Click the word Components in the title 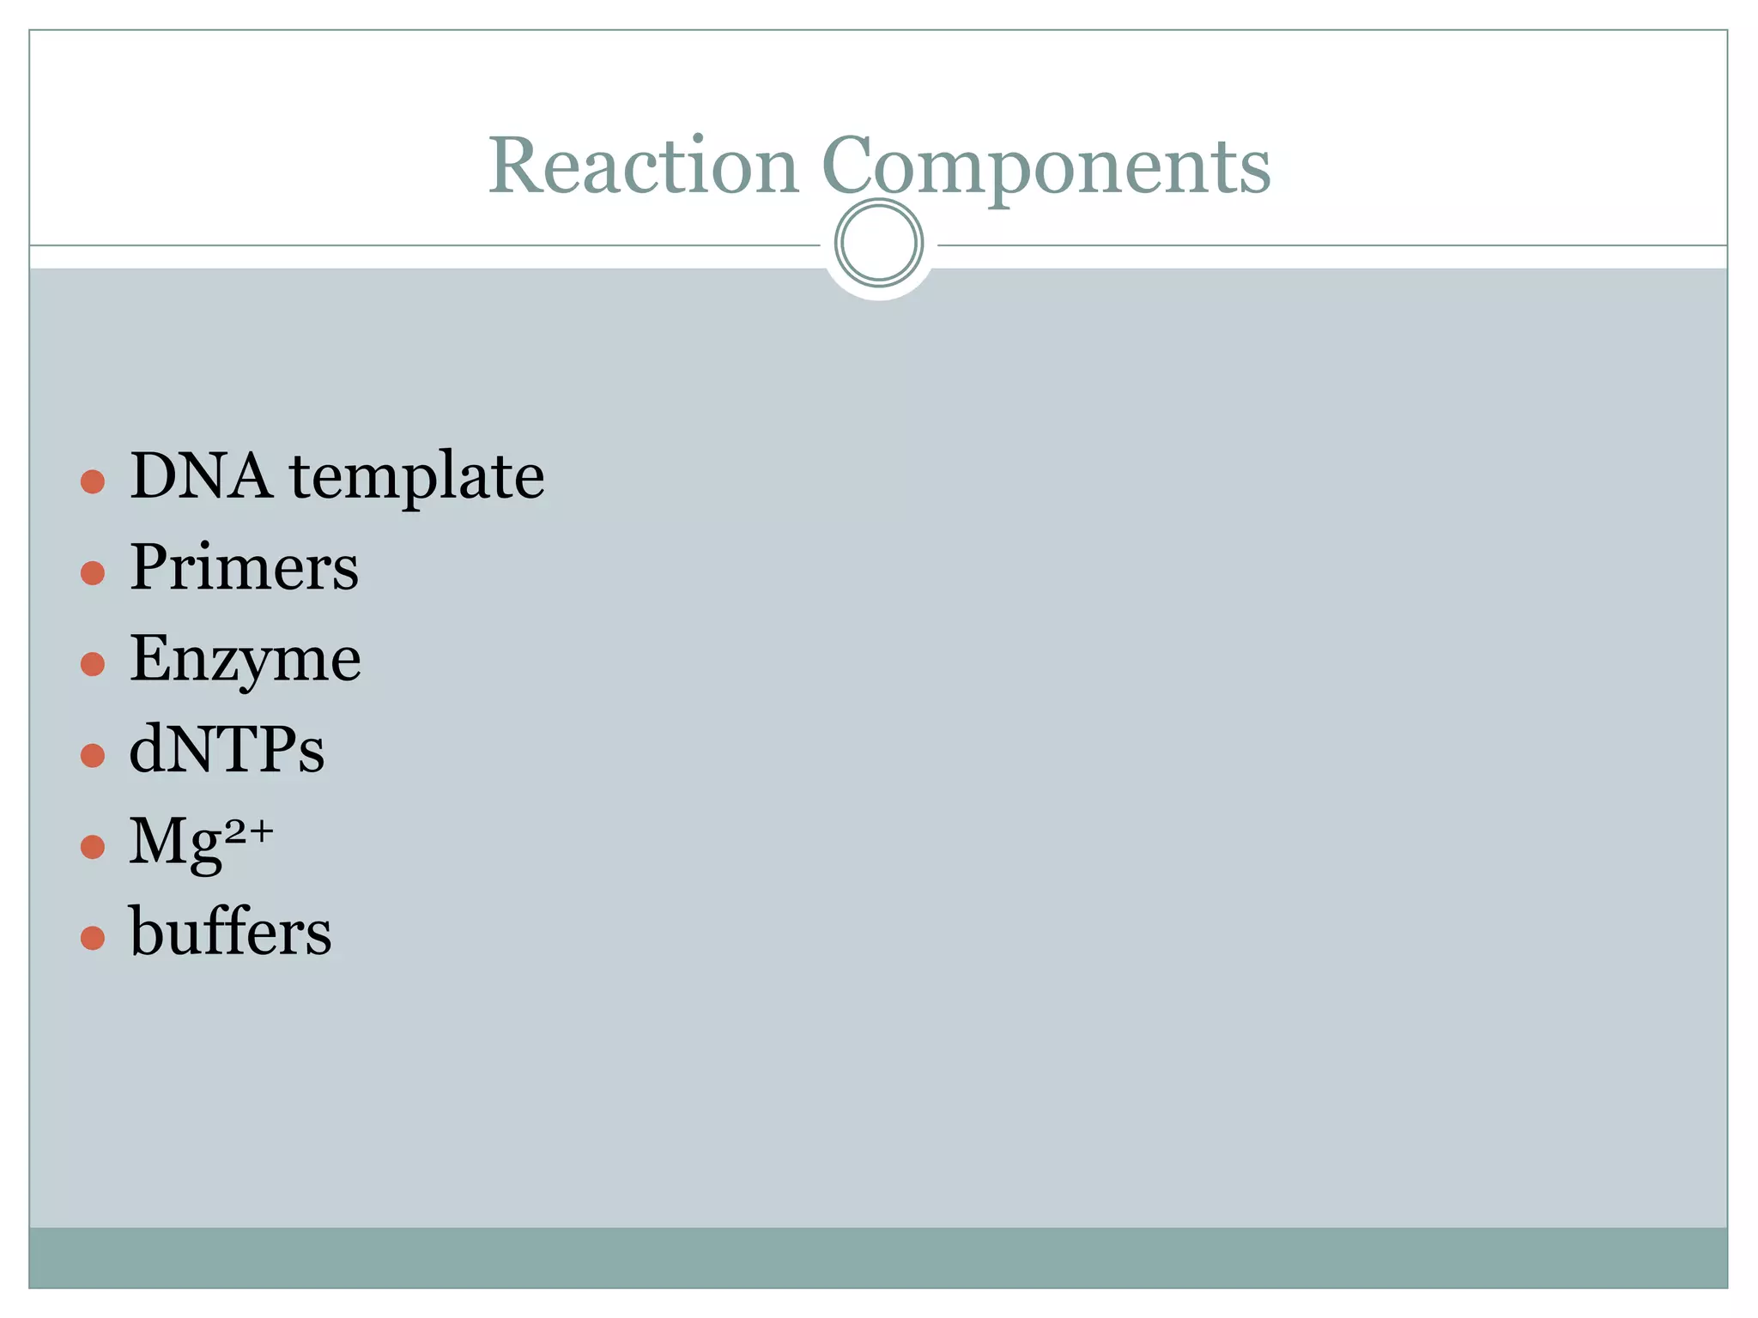tap(1046, 166)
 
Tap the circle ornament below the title tap(878, 243)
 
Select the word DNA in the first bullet tap(201, 476)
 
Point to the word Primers tap(244, 567)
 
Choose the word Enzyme tap(246, 660)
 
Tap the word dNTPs tap(227, 750)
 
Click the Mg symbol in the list tap(175, 843)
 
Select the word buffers tap(230, 932)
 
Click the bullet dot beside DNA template tap(93, 481)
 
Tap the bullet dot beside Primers tap(93, 573)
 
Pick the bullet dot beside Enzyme tap(93, 664)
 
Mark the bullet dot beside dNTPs tap(93, 755)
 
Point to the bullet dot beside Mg tap(93, 847)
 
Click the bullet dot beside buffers tap(93, 938)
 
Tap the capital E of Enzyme tap(149, 658)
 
